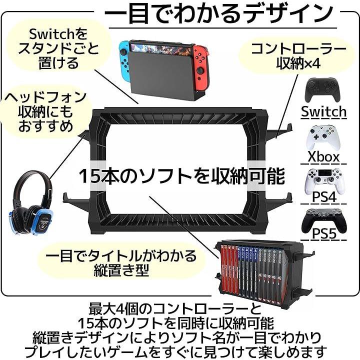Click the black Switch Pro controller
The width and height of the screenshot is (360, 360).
click(322, 90)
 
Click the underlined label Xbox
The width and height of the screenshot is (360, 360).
click(323, 157)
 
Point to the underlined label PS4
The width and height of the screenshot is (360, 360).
click(324, 197)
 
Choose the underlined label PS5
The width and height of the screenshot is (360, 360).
click(324, 233)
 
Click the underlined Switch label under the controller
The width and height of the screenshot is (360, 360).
click(323, 112)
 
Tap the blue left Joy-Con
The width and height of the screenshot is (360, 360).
click(124, 61)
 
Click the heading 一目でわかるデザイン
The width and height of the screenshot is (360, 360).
click(219, 14)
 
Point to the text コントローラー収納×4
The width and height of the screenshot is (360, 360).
click(298, 56)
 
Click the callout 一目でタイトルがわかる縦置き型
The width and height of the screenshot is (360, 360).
click(121, 263)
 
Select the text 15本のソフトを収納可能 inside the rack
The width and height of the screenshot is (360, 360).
click(182, 176)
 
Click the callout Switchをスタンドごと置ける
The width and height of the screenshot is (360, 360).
click(58, 49)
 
